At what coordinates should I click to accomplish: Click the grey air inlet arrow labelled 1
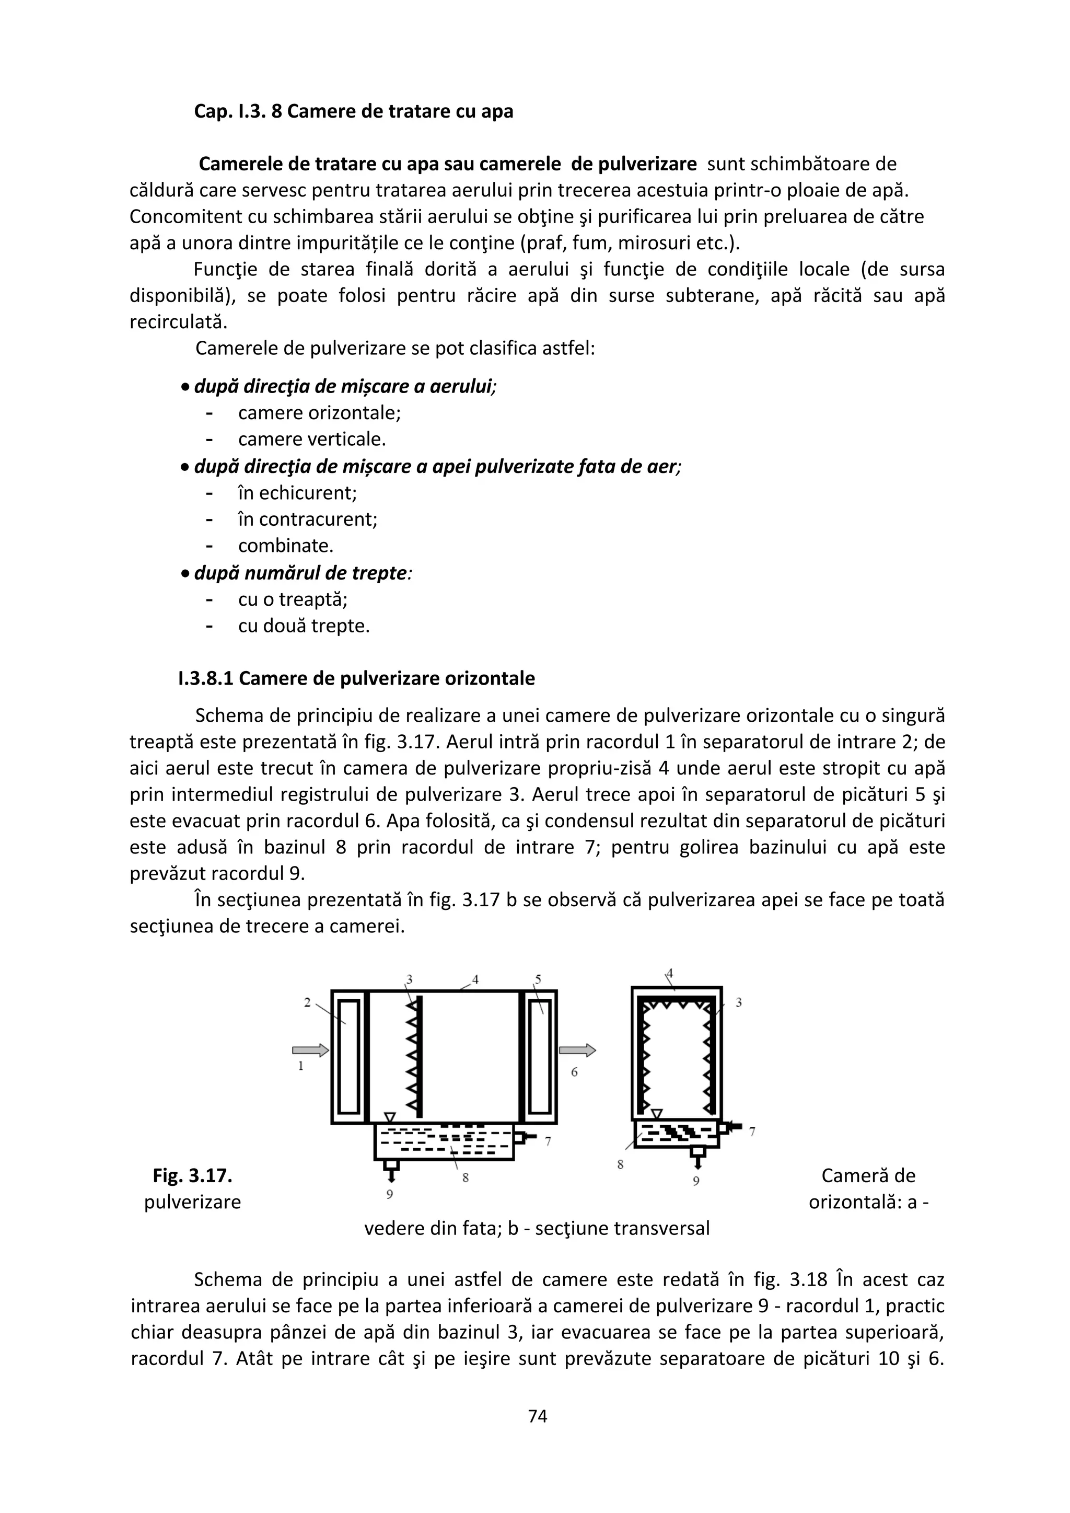(310, 1050)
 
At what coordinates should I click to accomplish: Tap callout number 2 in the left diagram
(307, 1002)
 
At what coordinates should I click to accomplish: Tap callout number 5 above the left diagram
(538, 979)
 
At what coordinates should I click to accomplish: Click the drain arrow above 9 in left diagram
(391, 1177)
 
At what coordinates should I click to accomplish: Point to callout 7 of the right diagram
(752, 1131)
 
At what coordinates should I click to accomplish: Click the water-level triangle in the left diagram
(389, 1117)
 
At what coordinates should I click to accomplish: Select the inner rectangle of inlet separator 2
(348, 1056)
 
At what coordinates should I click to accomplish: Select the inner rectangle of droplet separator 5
(539, 1056)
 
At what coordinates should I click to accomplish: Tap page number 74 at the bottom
(538, 1415)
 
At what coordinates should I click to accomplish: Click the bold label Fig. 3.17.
(192, 1175)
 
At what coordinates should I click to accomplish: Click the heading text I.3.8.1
(205, 679)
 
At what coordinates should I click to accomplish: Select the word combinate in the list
(286, 546)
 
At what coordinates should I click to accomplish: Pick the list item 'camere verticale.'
(311, 440)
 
